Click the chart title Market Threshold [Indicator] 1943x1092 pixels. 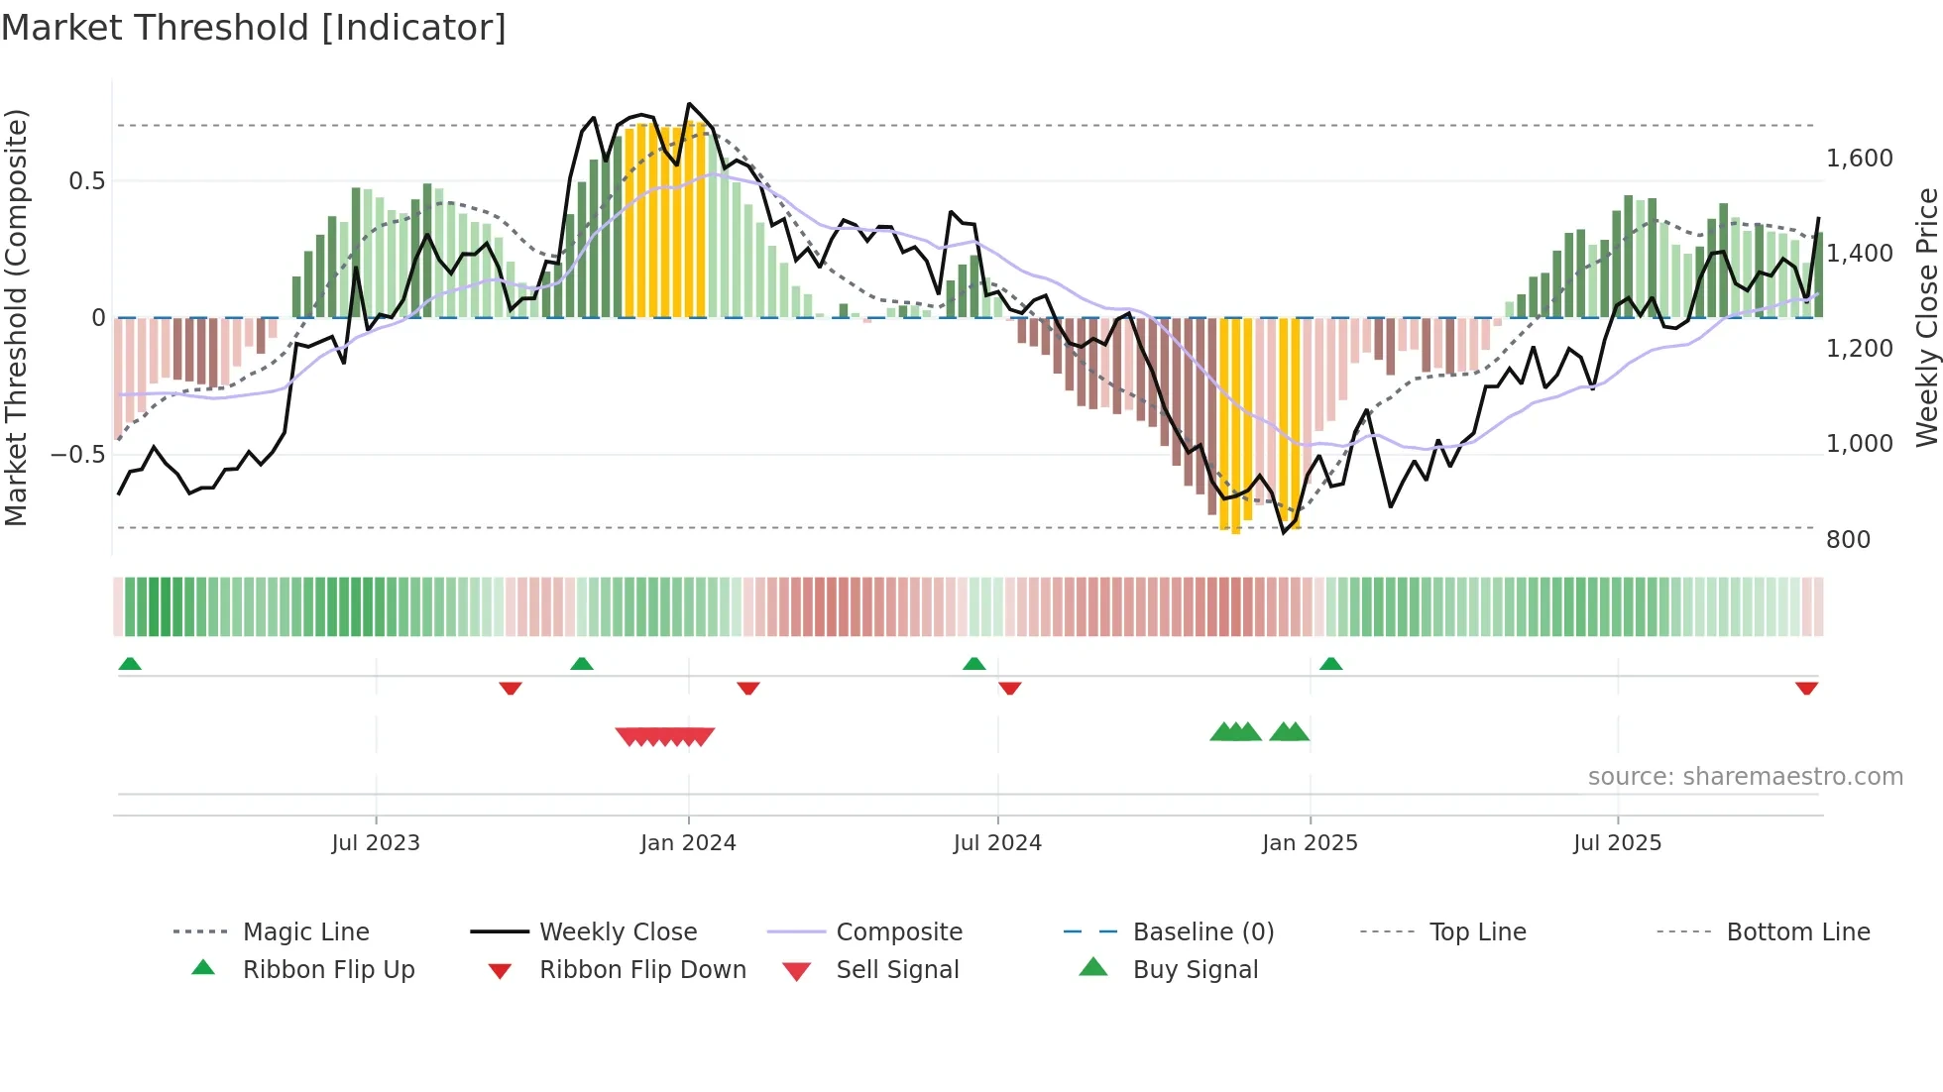tap(254, 28)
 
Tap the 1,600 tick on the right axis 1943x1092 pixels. tap(1859, 159)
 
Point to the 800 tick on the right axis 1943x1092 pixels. tap(1848, 540)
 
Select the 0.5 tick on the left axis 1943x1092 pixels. tap(86, 181)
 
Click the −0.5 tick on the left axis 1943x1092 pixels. tap(77, 455)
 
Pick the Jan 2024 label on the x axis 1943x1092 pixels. tap(688, 843)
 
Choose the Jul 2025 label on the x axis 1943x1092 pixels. tap(1617, 843)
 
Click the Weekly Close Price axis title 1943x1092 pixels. tap(1926, 317)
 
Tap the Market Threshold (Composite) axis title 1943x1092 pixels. tap(17, 317)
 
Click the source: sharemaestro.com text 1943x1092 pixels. tap(1745, 777)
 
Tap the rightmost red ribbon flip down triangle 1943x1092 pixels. tap(1806, 688)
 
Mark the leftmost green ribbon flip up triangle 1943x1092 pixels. tap(130, 664)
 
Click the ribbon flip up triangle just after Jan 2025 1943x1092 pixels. tap(1330, 664)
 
